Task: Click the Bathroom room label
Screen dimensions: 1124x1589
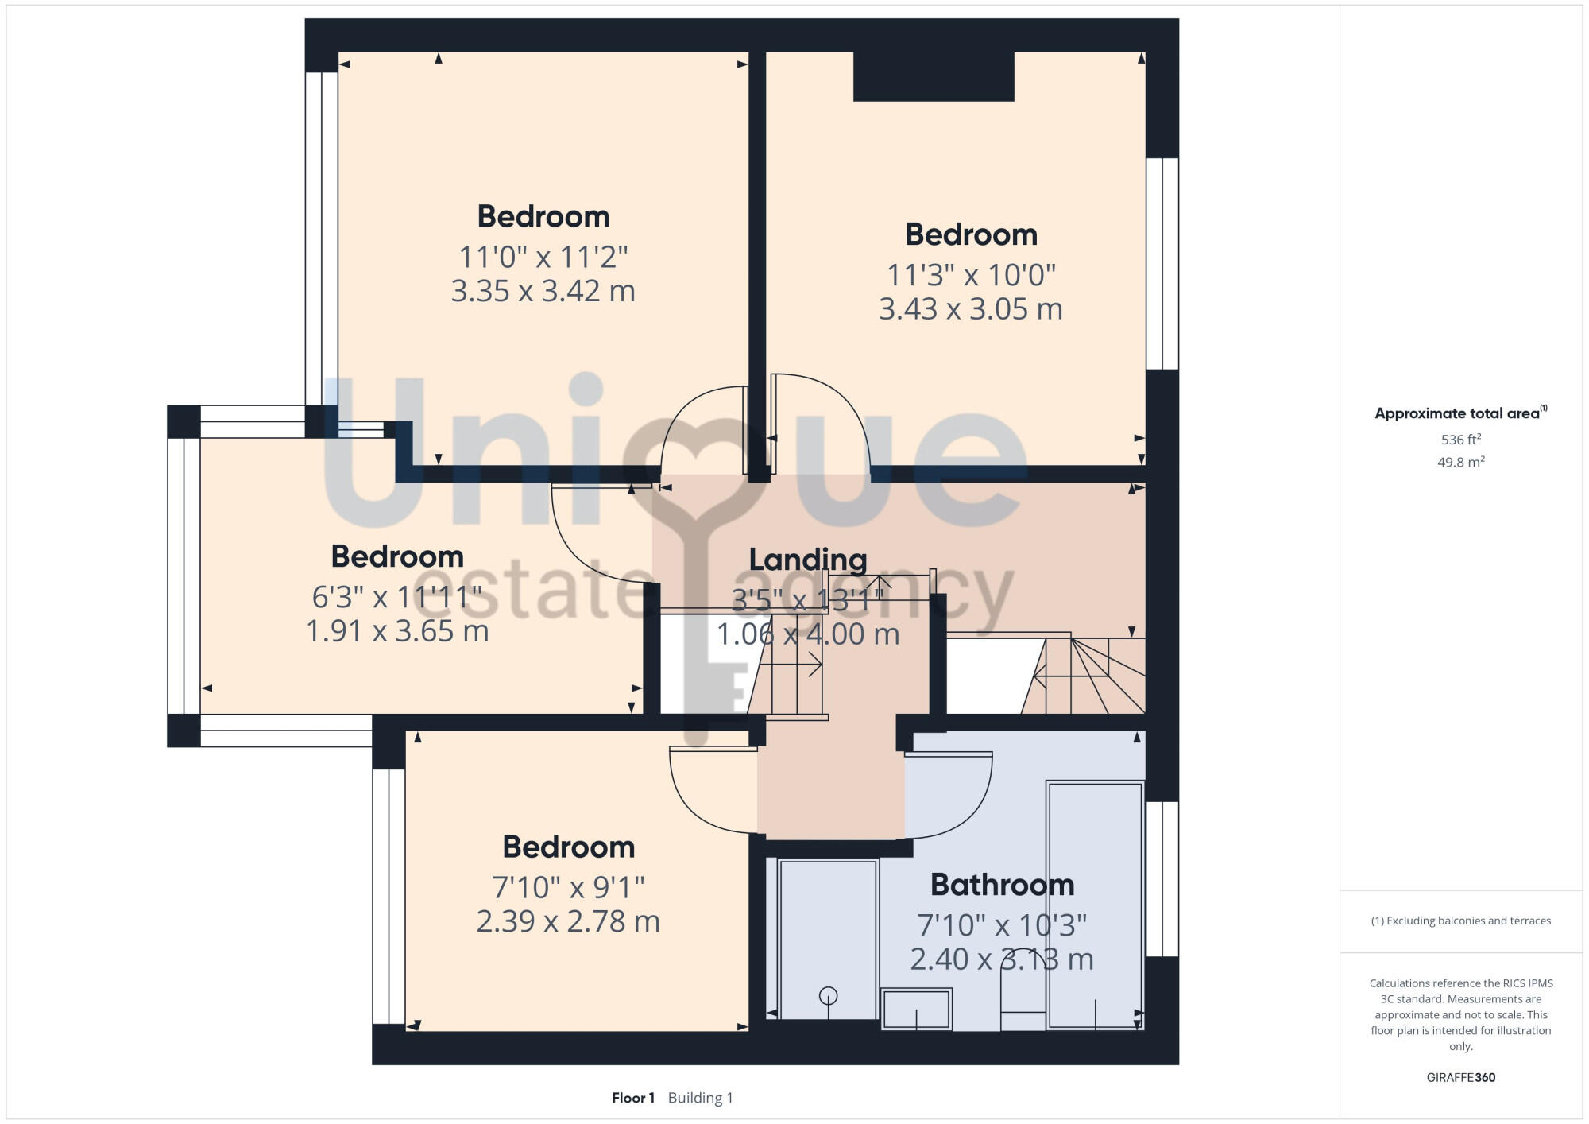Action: [x=1002, y=885]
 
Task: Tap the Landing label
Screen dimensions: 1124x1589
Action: [x=808, y=560]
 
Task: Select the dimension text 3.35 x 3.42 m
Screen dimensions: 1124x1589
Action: [x=543, y=291]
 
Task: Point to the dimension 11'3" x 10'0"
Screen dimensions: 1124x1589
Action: [x=971, y=275]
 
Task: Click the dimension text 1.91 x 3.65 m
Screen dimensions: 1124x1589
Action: [x=397, y=631]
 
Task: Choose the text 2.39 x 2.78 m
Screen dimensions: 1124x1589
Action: [x=568, y=921]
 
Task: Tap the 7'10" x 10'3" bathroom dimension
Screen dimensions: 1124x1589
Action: [x=1002, y=925]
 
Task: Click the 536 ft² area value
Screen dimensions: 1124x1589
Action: [x=1460, y=440]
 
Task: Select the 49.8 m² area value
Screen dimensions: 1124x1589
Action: [x=1460, y=462]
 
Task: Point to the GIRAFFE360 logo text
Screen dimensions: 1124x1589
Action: [x=1460, y=1078]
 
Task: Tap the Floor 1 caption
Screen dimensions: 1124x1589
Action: [x=633, y=1098]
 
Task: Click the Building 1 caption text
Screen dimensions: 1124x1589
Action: [x=700, y=1098]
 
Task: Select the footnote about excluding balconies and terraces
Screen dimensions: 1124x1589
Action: [x=1460, y=921]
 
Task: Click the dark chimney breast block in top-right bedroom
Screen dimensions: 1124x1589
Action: [x=934, y=76]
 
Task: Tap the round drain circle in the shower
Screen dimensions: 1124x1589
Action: [x=828, y=995]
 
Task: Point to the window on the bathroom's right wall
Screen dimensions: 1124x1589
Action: [x=1162, y=878]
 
